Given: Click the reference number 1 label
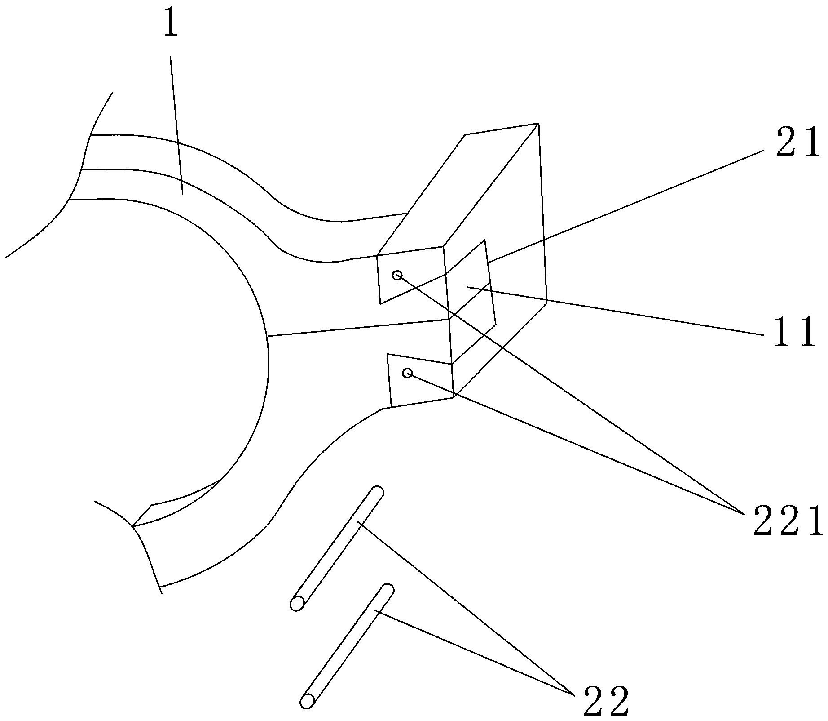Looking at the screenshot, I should coord(170,26).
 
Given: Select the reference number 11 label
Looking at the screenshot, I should coord(794,333).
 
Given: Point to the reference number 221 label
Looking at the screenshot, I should coord(788,521).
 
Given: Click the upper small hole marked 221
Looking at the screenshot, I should coord(397,275).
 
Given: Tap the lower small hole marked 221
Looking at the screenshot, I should coord(407,373).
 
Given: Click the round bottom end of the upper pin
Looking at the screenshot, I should coord(297,604).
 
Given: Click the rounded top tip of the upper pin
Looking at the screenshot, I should coord(378,491).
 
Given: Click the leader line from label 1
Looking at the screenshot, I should coord(176,126).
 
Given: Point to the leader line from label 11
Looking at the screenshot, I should coord(629,312).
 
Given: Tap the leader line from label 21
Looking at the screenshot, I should coord(629,205).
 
